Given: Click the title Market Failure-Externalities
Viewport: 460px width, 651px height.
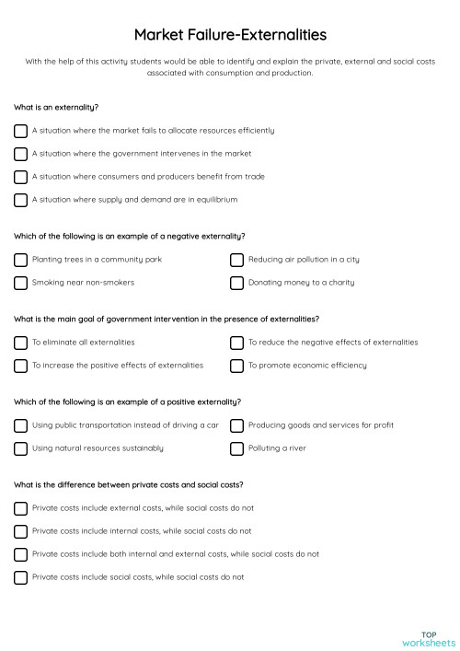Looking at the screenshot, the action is point(229,34).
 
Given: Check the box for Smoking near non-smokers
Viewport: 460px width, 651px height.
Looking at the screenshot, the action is point(20,283).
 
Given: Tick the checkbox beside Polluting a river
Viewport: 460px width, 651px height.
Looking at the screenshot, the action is point(236,448).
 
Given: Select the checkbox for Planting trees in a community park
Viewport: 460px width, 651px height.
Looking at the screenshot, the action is point(20,260).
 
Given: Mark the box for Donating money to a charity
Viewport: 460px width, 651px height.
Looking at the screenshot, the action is point(236,283).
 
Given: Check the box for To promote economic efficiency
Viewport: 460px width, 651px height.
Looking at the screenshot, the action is point(236,366).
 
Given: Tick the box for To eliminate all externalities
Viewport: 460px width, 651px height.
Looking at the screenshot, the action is point(20,343).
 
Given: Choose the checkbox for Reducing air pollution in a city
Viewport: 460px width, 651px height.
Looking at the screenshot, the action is point(236,260).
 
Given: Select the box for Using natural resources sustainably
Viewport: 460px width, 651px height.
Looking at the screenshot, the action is point(20,448).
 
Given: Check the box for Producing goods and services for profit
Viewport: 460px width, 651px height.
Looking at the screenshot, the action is point(236,425).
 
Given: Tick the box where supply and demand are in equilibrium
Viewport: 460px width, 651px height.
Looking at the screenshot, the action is point(20,200).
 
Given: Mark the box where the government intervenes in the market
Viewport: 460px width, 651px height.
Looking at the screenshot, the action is point(20,154).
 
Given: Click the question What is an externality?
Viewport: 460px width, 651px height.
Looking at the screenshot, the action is point(56,107).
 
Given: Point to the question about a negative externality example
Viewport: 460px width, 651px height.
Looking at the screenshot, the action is point(130,236).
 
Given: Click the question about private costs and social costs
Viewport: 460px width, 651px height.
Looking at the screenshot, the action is point(128,484).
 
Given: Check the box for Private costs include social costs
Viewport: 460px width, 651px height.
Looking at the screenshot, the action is point(20,577).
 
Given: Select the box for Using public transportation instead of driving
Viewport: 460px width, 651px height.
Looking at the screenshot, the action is point(20,425).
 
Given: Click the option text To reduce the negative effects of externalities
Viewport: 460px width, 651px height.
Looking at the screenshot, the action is point(333,343).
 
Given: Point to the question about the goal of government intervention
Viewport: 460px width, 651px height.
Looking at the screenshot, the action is point(167,319).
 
